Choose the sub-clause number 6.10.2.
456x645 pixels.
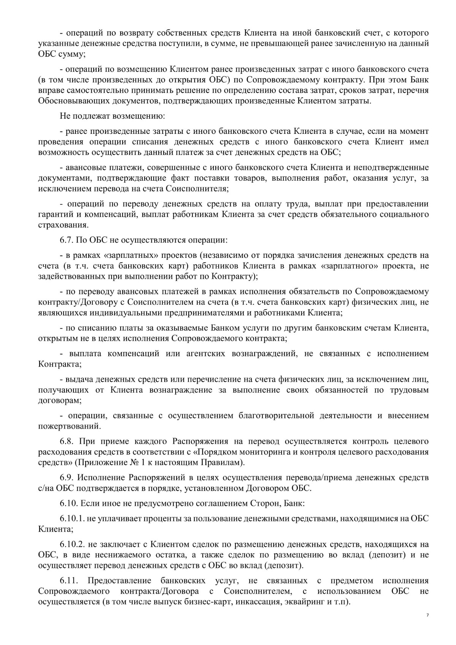click(71, 544)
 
